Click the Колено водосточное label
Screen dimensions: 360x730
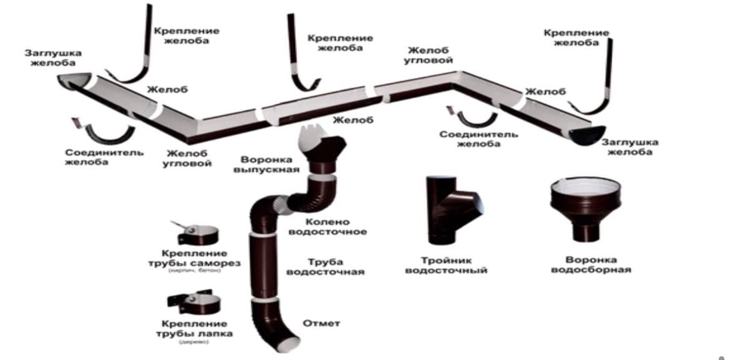click(336, 226)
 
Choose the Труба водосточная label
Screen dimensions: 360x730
click(336, 267)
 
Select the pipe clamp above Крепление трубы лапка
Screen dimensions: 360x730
click(194, 303)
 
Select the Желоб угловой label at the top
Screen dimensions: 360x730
click(429, 56)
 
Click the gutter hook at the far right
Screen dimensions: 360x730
click(603, 81)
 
